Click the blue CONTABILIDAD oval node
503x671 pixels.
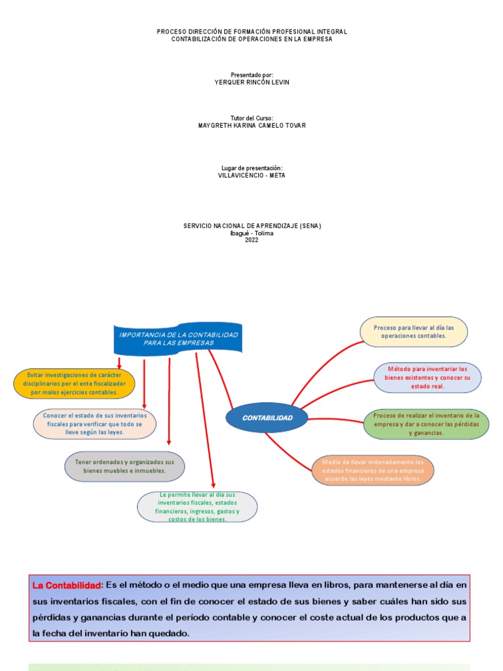[267, 417]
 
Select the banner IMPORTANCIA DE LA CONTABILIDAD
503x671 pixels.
[179, 339]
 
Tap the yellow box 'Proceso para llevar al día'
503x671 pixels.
[414, 332]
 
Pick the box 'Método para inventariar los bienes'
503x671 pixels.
[427, 377]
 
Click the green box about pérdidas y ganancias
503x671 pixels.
[426, 424]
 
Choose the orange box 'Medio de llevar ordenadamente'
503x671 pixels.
[373, 470]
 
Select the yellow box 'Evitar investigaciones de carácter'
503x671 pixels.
[74, 383]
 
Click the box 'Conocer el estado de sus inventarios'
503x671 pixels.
[95, 424]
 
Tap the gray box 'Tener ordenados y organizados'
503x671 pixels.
[124, 466]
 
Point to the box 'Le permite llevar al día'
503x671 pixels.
[197, 507]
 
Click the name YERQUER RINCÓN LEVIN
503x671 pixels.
[251, 82]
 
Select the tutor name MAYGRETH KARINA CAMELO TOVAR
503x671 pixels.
[251, 125]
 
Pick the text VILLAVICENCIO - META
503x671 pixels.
[251, 175]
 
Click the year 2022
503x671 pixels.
[251, 240]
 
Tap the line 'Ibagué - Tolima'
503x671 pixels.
[251, 233]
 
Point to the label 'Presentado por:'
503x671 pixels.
[251, 75]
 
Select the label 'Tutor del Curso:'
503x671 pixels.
[251, 118]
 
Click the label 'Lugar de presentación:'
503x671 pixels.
[251, 168]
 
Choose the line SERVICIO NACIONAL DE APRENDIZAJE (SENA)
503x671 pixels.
[251, 225]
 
